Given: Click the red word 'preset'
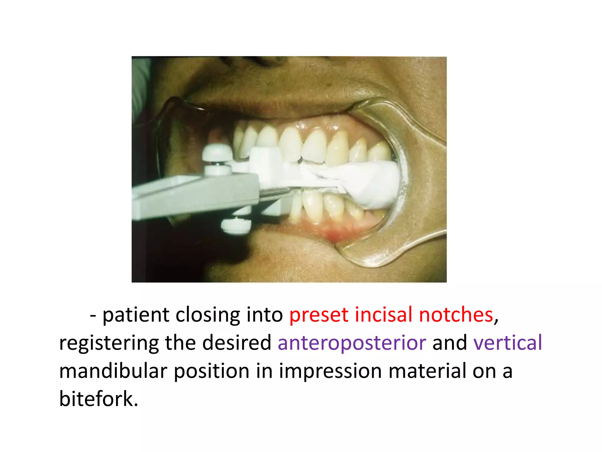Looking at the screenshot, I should coord(319,315).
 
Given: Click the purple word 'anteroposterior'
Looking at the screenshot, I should coord(352,343).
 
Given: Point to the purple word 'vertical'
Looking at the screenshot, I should coord(508,343).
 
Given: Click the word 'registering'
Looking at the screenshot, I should coord(108,343).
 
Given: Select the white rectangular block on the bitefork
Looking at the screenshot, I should coord(265,165).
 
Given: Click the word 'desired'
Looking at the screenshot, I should coord(237,343).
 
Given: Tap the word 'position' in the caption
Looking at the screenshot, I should coord(212,371).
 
